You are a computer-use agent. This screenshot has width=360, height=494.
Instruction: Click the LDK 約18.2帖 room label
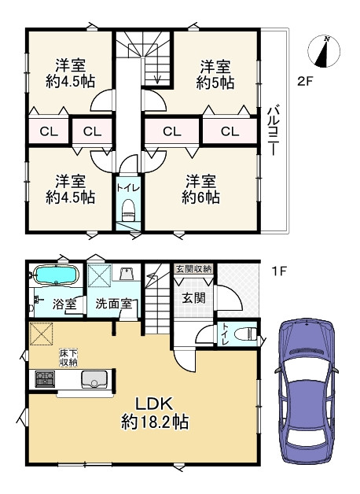[x=155, y=412]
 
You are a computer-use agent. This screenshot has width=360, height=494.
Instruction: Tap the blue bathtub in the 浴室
[x=56, y=275]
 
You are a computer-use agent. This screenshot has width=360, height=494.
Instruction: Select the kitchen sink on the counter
[x=94, y=379]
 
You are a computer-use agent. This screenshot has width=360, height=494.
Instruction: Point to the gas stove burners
[x=45, y=379]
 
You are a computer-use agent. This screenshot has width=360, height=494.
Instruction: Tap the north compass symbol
[x=324, y=51]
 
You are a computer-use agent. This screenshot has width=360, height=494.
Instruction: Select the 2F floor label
[x=305, y=82]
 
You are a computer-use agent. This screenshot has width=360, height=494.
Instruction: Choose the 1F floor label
[x=279, y=271]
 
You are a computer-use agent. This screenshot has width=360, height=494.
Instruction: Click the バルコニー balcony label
[x=273, y=131]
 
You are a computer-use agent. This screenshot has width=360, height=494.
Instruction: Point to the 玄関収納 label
[x=194, y=269]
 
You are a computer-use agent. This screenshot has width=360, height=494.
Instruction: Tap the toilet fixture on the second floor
[x=128, y=211]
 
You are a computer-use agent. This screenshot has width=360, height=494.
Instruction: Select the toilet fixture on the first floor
[x=247, y=334]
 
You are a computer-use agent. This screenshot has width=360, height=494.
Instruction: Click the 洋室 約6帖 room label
[x=200, y=189]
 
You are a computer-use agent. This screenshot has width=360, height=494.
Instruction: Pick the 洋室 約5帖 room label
[x=215, y=75]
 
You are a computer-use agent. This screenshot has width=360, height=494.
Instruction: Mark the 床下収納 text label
[x=69, y=358]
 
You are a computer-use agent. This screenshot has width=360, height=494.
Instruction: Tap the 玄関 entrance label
[x=194, y=297]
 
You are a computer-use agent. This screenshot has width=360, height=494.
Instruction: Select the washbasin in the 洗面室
[x=127, y=273]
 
